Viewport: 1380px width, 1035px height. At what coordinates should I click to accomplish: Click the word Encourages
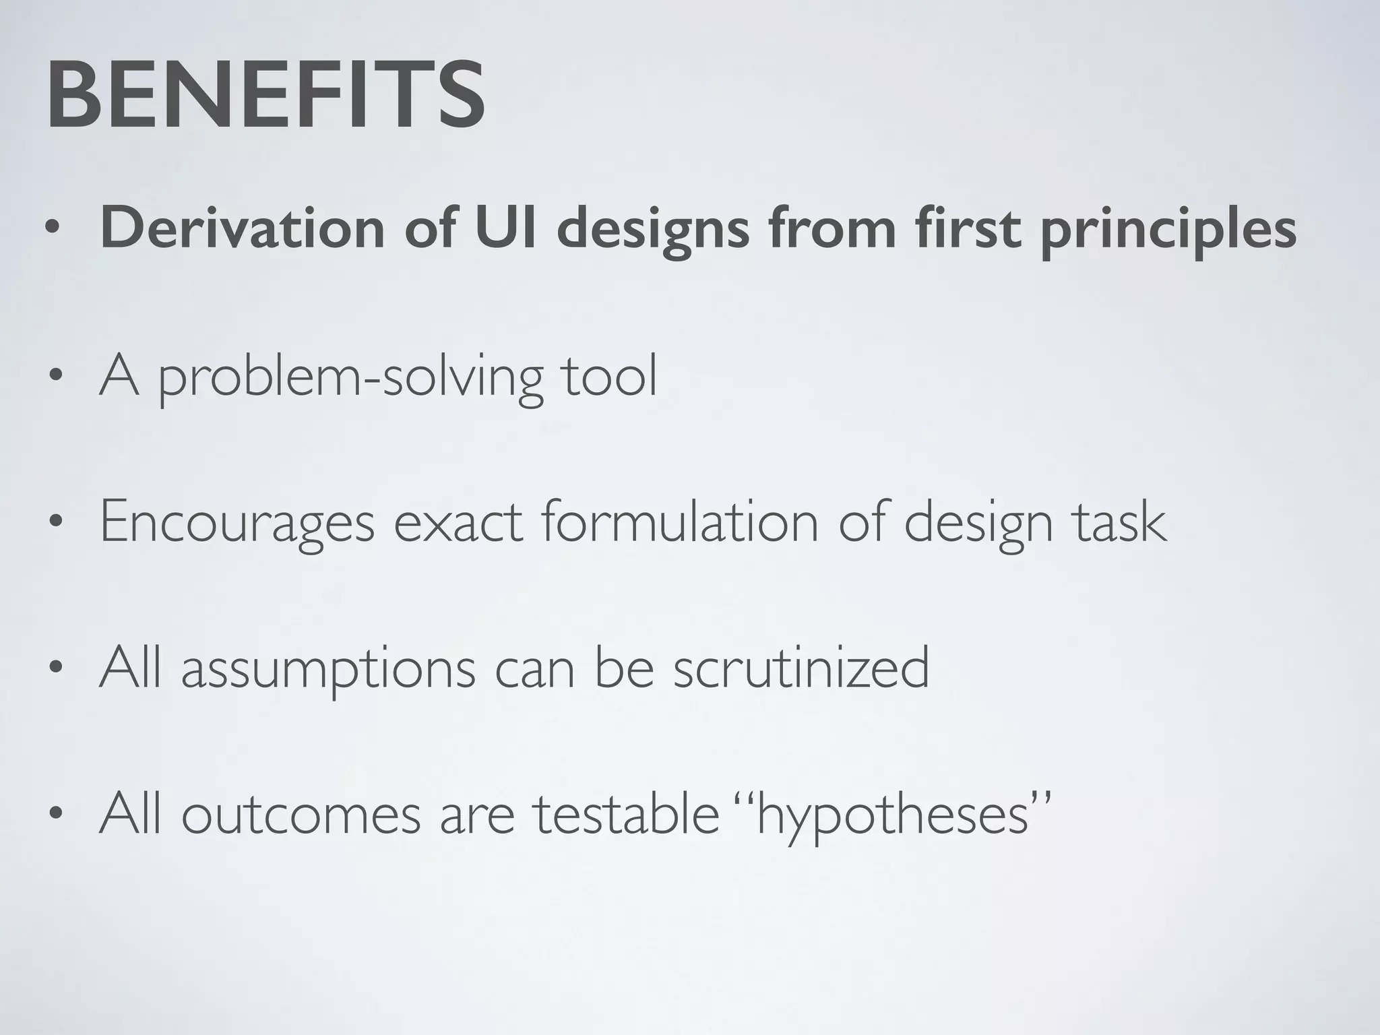tap(237, 524)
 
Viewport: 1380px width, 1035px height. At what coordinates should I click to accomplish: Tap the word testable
tap(627, 813)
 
